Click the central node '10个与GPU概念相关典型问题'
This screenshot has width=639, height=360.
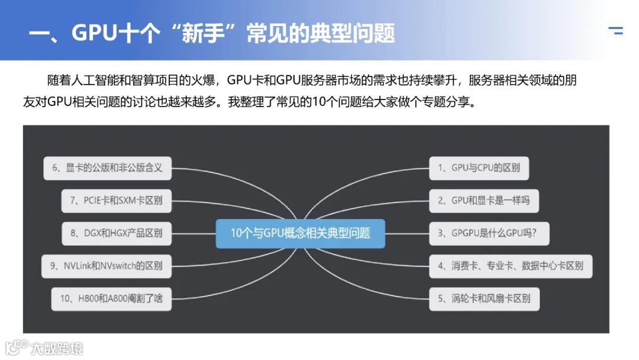[300, 233]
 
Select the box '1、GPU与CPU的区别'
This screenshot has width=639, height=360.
[479, 168]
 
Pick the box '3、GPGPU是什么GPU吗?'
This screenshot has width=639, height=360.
[489, 233]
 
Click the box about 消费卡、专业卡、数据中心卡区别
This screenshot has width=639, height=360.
[510, 266]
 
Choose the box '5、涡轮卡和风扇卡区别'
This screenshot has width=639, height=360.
[483, 298]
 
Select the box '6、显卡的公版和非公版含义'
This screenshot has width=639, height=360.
[107, 168]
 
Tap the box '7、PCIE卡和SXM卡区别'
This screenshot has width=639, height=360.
[116, 201]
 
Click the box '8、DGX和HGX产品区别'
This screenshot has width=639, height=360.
[116, 233]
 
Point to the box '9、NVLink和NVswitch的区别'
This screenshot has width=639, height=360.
[107, 266]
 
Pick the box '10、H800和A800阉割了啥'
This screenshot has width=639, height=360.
[111, 298]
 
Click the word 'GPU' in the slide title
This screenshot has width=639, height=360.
[94, 33]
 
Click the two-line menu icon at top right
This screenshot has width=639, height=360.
[615, 31]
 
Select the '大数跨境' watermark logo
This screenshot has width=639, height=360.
[44, 348]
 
